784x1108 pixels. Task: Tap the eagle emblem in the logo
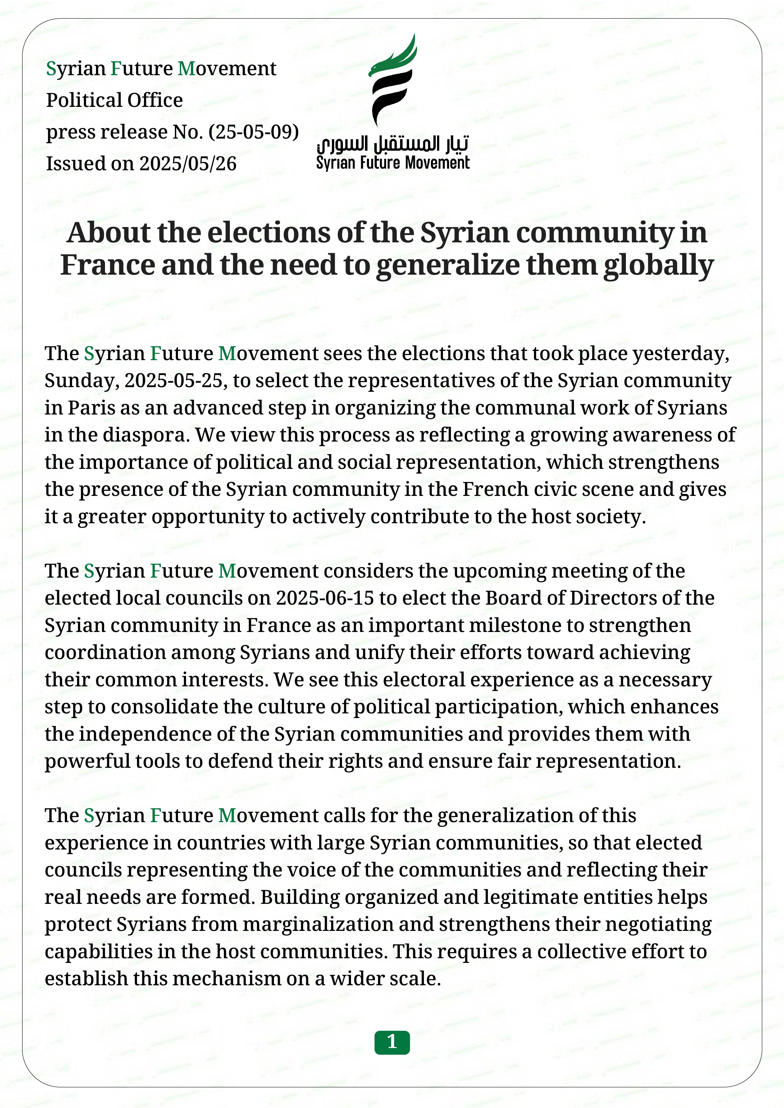pos(393,80)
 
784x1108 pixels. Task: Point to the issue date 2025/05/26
pos(188,164)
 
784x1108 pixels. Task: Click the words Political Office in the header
pos(114,100)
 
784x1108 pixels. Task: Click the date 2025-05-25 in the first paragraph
pos(176,381)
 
